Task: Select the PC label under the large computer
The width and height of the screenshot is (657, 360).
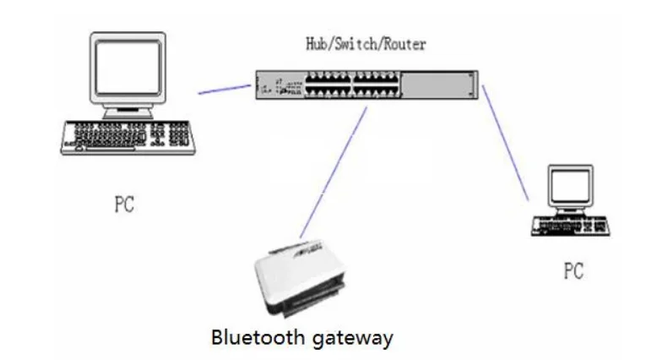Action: click(x=122, y=205)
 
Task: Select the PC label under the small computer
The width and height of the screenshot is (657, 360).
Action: click(x=573, y=270)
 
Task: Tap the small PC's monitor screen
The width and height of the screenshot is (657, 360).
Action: click(x=570, y=185)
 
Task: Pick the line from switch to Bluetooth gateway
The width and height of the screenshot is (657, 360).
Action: click(x=334, y=169)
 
